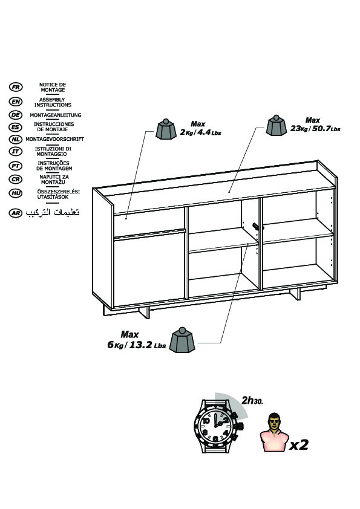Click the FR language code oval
(16, 87)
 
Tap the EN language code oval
(16, 102)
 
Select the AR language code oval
(16, 213)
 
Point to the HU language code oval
(16, 193)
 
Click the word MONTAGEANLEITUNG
(56, 115)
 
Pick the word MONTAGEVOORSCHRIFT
(55, 139)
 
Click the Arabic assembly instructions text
(53, 212)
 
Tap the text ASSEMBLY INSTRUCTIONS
(53, 102)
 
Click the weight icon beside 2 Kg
(166, 129)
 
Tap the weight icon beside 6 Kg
(182, 340)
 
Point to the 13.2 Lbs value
(148, 345)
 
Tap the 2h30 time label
(252, 401)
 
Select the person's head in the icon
(275, 421)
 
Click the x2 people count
(299, 444)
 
